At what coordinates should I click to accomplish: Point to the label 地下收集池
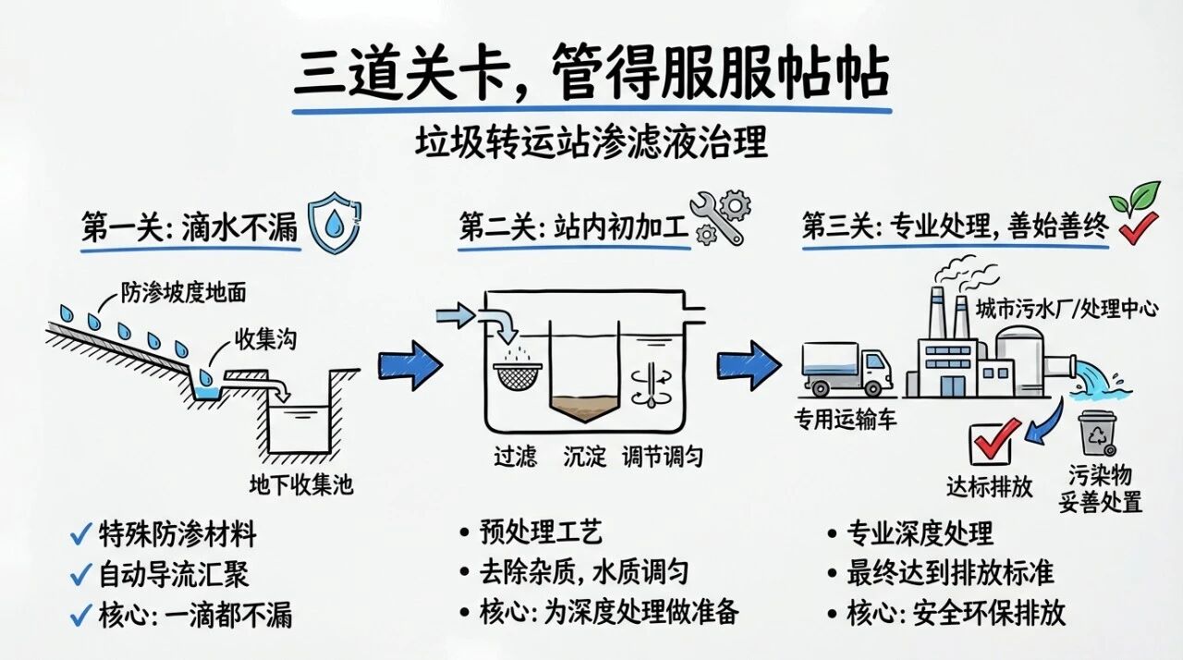coord(301,484)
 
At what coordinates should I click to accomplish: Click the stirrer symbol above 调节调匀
coord(652,383)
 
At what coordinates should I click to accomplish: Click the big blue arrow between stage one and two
coord(410,362)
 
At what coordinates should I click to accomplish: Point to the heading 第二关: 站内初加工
coord(573,227)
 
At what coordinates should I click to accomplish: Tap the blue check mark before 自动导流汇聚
coord(79,575)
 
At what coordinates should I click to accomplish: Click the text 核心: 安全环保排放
coord(957,612)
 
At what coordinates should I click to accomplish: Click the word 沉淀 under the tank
coord(584,456)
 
